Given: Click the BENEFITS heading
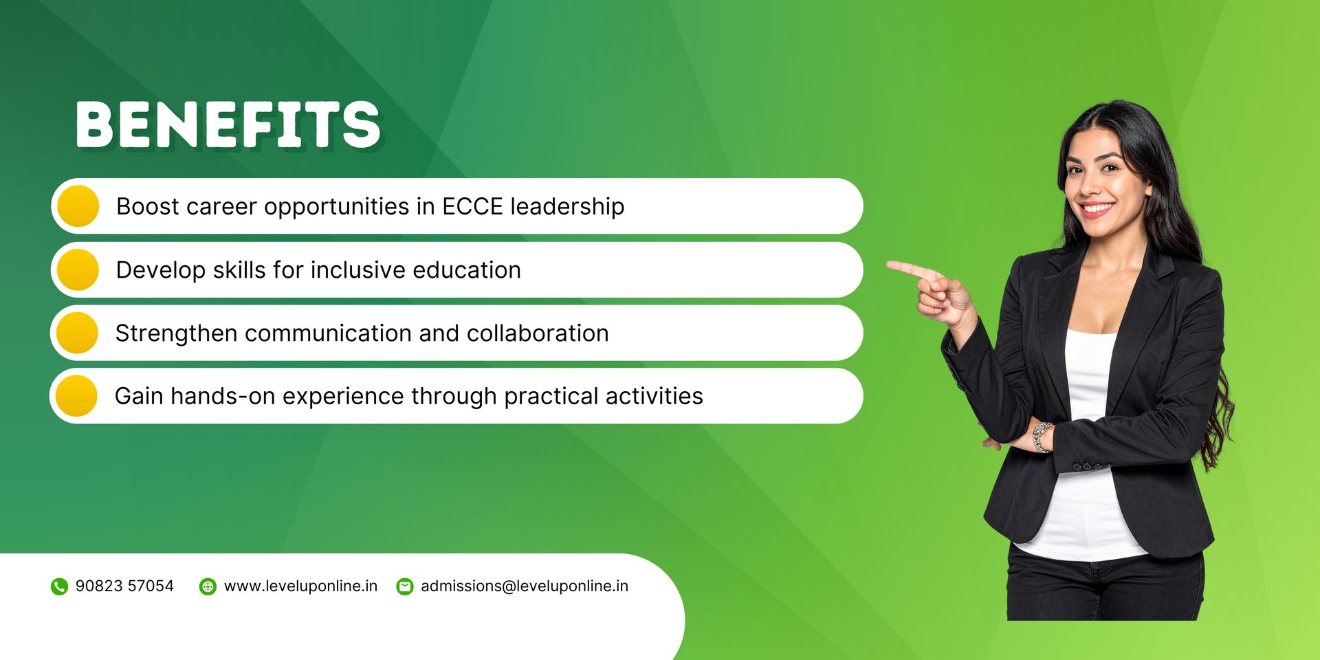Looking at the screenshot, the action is [x=228, y=124].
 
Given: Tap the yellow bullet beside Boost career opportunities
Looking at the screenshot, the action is [x=78, y=206].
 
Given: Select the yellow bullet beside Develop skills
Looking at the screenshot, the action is [x=78, y=269].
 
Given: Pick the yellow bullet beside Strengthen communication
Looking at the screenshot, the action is [x=77, y=333].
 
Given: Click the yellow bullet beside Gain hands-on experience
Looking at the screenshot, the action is [x=76, y=396].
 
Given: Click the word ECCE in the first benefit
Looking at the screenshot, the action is [x=472, y=206].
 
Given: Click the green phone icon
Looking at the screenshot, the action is [x=60, y=586].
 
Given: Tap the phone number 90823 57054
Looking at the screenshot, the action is [x=124, y=586].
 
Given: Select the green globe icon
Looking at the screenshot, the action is [x=208, y=586].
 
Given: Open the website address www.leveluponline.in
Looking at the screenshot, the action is [x=300, y=586].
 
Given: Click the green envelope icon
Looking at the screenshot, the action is [x=405, y=586].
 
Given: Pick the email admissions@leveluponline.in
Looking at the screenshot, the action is [x=525, y=586].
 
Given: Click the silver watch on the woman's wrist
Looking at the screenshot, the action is [x=1042, y=437].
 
